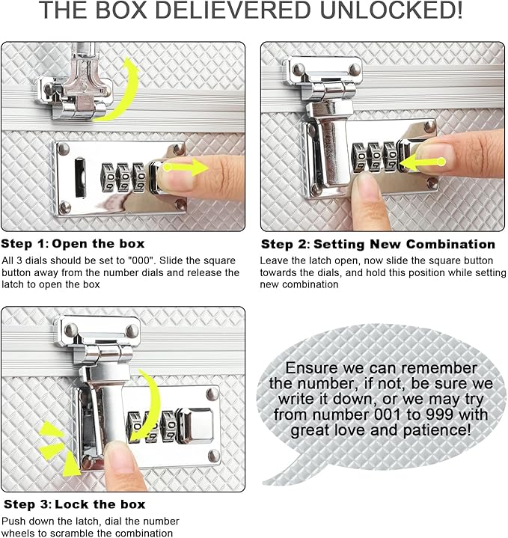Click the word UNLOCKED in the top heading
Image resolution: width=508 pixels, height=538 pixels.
[x=391, y=10]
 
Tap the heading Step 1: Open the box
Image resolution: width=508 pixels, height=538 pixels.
[x=73, y=244]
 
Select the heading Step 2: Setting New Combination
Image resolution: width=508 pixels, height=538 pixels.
[x=378, y=244]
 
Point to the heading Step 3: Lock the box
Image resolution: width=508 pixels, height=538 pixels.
[x=74, y=504]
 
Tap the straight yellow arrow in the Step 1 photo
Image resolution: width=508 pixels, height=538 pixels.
[x=186, y=168]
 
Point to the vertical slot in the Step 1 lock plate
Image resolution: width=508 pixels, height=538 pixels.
[x=80, y=177]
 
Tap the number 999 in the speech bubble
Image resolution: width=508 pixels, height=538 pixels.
[x=440, y=415]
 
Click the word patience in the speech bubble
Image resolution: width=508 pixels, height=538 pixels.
[x=435, y=430]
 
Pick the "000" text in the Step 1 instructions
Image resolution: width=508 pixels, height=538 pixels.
[x=141, y=260]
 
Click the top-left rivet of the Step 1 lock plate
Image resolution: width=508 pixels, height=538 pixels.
[x=63, y=149]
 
